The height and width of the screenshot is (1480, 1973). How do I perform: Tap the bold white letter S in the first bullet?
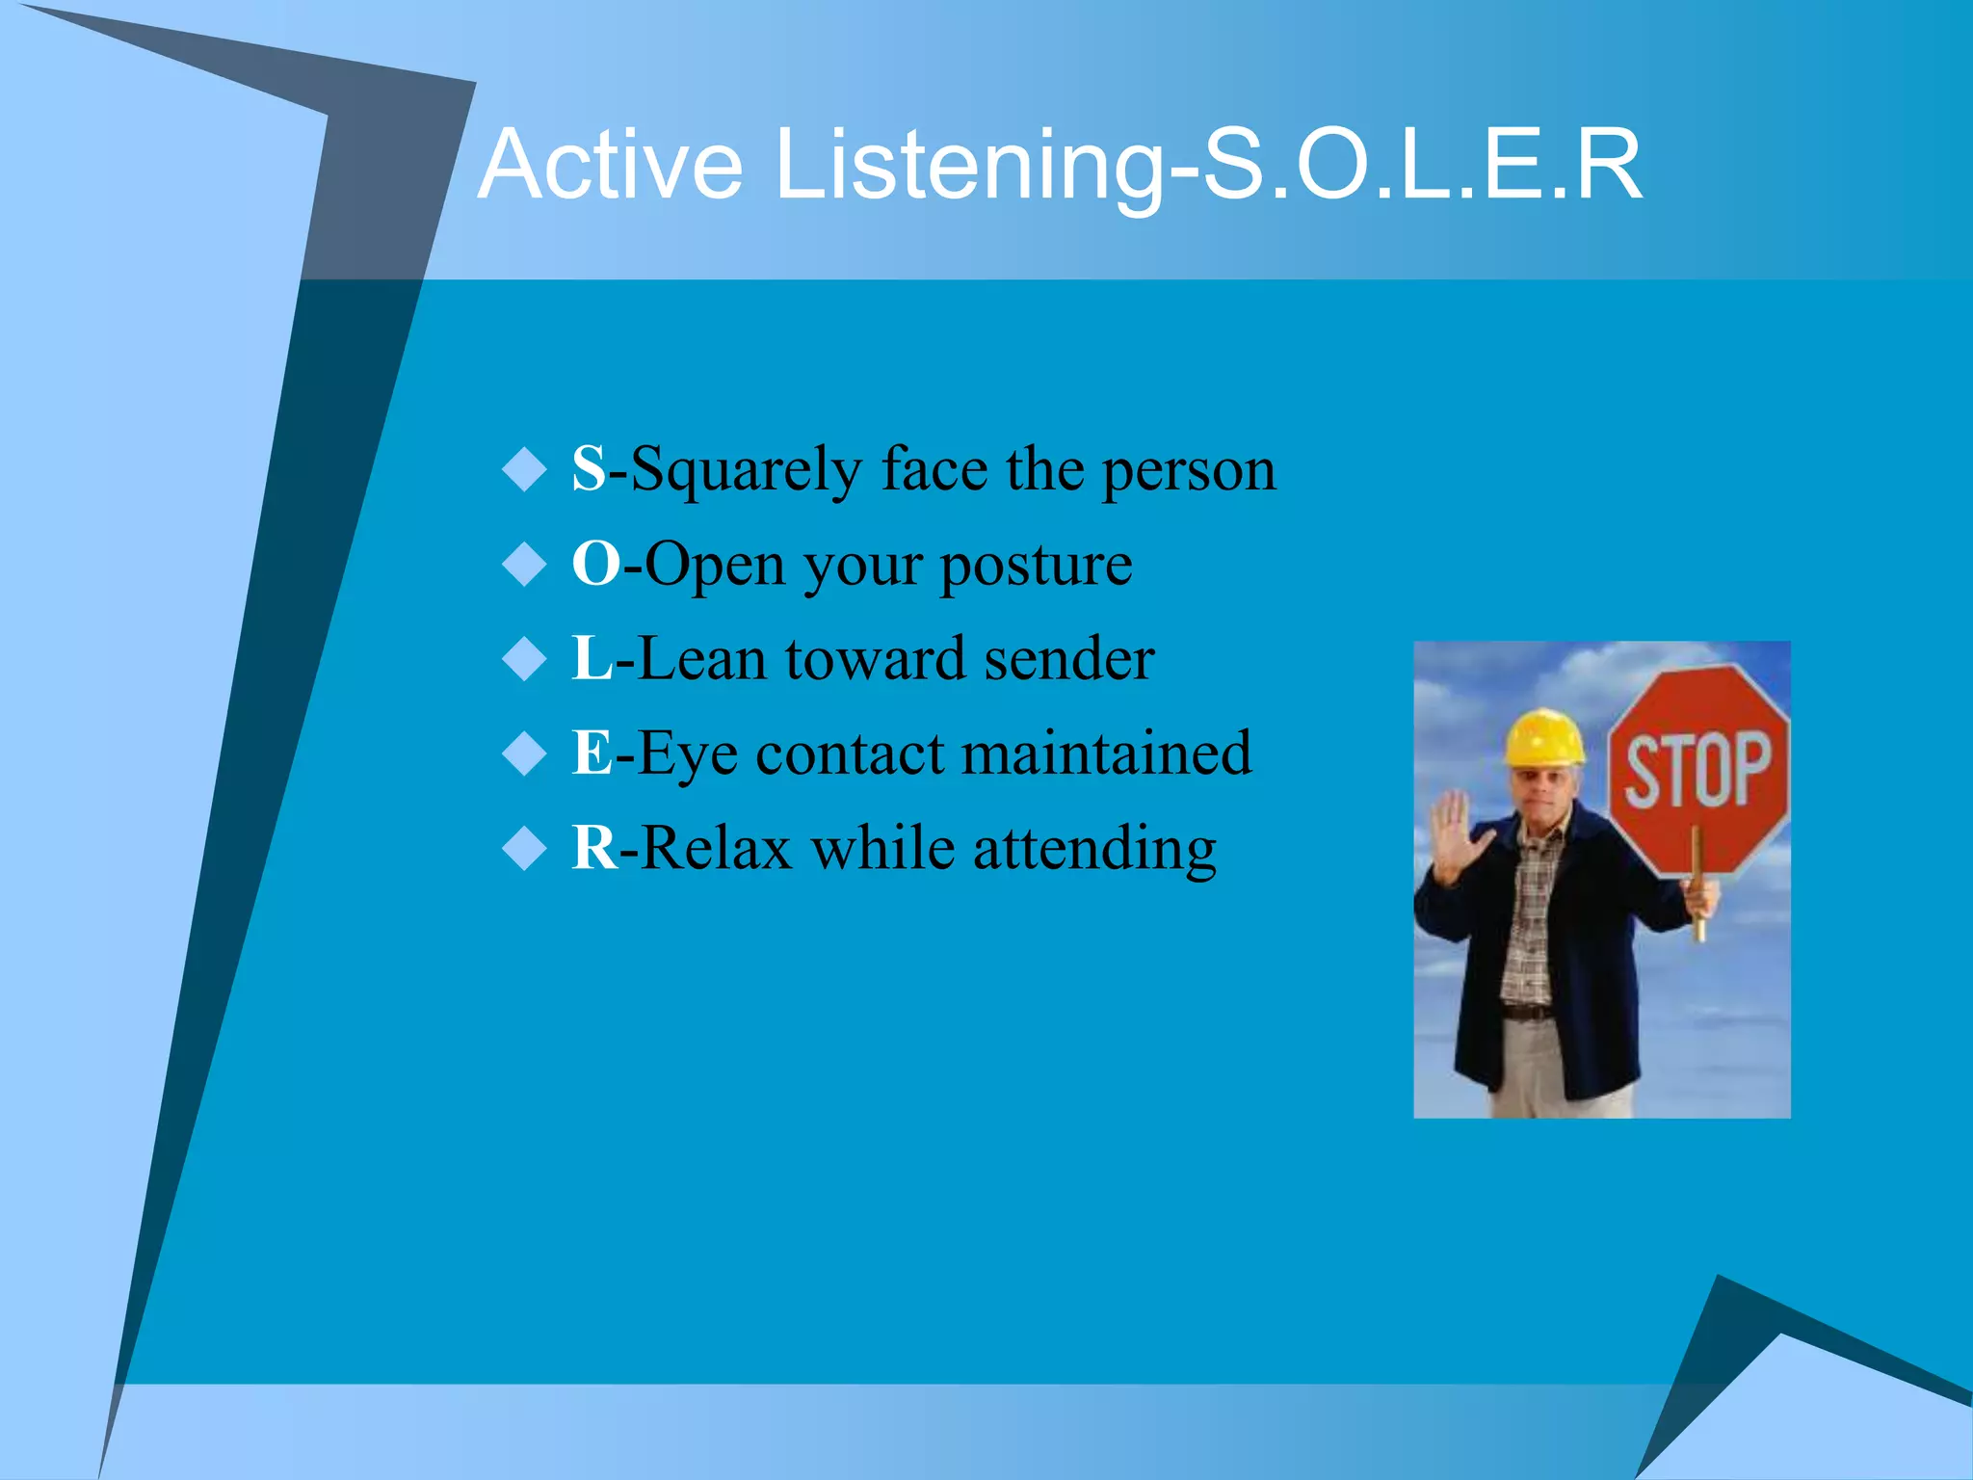[x=589, y=469]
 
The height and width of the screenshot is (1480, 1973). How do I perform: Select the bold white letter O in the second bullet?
[x=595, y=564]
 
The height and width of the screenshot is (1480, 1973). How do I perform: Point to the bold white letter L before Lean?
[x=592, y=658]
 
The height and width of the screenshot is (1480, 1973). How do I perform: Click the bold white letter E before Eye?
[x=592, y=753]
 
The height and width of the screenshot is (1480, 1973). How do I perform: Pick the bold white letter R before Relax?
[x=593, y=848]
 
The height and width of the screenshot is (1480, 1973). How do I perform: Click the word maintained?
[x=1107, y=753]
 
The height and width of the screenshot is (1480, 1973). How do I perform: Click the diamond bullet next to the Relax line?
[x=525, y=849]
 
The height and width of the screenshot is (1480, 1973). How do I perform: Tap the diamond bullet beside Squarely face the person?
[x=525, y=469]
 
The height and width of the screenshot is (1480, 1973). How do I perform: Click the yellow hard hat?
[x=1544, y=738]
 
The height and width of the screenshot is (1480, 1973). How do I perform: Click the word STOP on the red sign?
[x=1697, y=768]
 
